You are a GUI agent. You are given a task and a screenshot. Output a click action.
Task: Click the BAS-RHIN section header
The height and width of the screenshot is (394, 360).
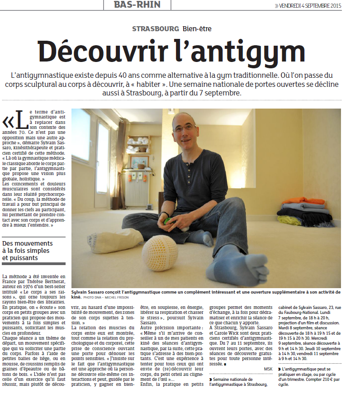[137, 5]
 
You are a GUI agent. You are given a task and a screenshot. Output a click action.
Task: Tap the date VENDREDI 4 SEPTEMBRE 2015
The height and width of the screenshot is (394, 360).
[311, 6]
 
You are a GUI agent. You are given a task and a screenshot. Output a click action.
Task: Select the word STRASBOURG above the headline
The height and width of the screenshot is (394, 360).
[156, 28]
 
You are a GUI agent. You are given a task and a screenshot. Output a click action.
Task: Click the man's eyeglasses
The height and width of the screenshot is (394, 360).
[184, 128]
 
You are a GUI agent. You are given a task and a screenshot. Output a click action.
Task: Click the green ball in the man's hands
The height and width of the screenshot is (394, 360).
[168, 221]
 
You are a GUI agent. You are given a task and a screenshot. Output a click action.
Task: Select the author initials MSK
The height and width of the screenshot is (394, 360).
[268, 369]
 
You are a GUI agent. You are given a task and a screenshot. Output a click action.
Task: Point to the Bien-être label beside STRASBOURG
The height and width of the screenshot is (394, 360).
[197, 28]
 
